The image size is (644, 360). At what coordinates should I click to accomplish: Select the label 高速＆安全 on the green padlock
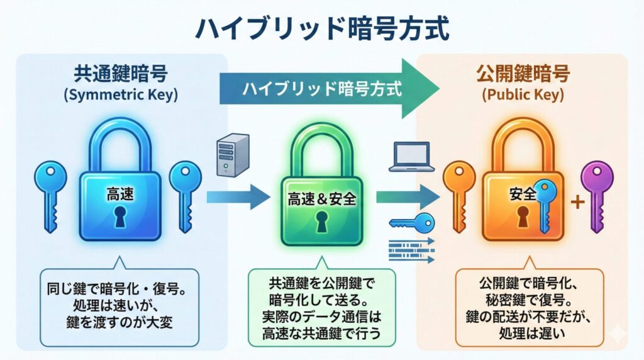click(322, 200)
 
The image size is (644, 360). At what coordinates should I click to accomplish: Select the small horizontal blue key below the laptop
click(412, 222)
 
